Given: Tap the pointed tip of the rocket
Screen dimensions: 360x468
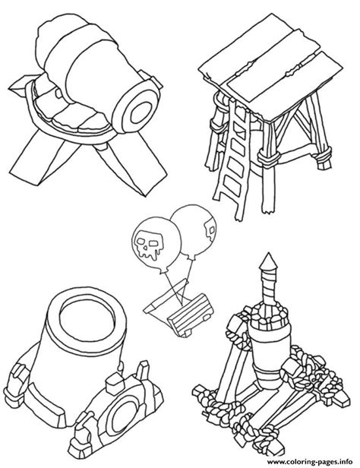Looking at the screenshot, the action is tap(269, 254).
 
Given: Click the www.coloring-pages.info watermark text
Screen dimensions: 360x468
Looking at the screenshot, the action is tap(310, 461).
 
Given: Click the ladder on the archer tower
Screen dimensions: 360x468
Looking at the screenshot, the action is tap(233, 158).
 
